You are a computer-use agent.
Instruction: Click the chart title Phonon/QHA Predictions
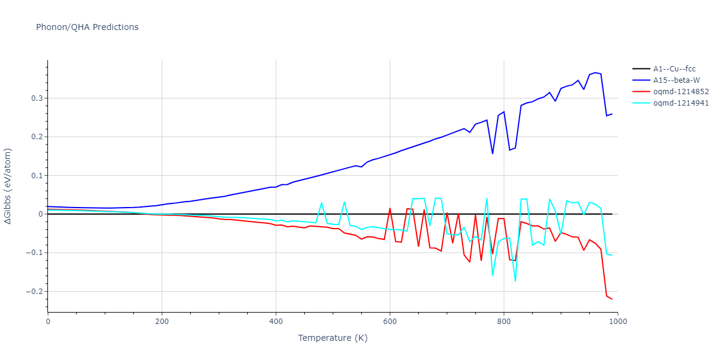(x=87, y=27)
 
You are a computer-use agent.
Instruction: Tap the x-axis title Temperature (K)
(x=332, y=338)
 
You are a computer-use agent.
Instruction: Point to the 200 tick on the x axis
(x=162, y=322)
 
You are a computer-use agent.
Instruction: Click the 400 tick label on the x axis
(x=276, y=322)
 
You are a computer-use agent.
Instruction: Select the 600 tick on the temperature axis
(x=390, y=322)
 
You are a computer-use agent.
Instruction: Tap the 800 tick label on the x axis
(x=504, y=322)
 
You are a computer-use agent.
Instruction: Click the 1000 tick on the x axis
(x=618, y=322)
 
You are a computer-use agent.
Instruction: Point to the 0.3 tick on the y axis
(x=35, y=98)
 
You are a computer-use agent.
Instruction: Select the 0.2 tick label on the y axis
(x=35, y=137)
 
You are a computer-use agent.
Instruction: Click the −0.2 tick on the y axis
(x=33, y=292)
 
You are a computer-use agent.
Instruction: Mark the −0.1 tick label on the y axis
(x=33, y=253)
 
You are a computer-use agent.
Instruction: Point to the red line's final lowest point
(x=612, y=299)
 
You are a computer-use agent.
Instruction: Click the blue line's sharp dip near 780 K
(x=493, y=154)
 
